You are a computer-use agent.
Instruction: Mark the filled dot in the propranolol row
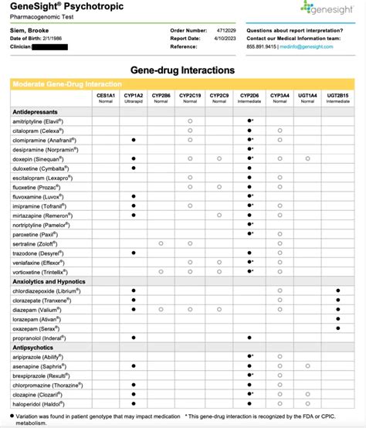(249, 338)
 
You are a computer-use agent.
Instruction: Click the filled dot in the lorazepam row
(338, 318)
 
